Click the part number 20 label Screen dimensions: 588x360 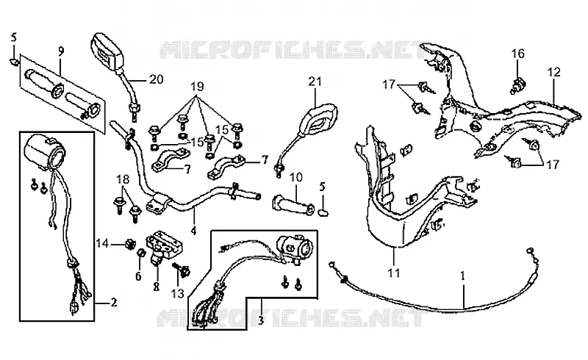tap(157, 79)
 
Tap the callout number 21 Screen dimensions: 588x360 tap(315, 82)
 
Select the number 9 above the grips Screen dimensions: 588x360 tap(61, 51)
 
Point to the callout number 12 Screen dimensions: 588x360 tap(554, 71)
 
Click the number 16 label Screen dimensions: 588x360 tap(518, 54)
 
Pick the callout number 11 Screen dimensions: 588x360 tap(394, 273)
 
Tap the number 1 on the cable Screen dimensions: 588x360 tap(463, 276)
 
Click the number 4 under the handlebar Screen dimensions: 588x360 tap(193, 230)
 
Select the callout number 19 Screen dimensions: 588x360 tap(197, 87)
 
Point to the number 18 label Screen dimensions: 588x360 tap(123, 179)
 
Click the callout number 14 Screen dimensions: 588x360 tap(102, 243)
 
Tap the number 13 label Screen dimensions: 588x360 tap(178, 293)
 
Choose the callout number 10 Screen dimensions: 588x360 tap(295, 177)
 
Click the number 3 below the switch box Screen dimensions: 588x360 tap(261, 320)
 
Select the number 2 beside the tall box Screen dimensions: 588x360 tap(114, 302)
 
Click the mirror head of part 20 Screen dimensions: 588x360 tap(107, 50)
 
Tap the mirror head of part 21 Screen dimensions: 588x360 tap(318, 120)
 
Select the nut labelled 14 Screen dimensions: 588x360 tap(130, 245)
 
